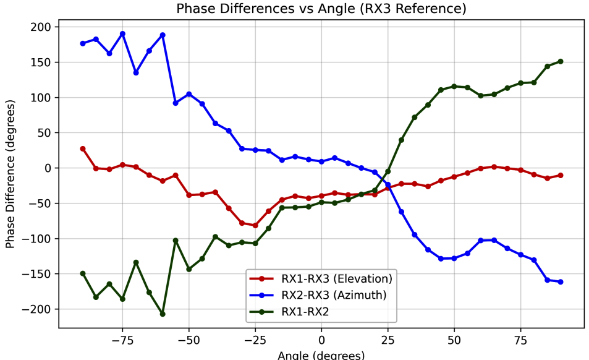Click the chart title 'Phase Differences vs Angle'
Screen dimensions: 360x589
(x=321, y=9)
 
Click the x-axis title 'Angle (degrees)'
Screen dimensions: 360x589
(x=321, y=355)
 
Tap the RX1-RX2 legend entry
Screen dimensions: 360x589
(x=305, y=312)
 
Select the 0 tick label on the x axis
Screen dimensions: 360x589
(x=321, y=340)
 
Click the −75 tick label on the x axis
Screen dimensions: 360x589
(x=122, y=340)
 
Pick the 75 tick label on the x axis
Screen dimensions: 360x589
(x=520, y=340)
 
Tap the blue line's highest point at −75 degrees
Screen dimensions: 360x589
(x=122, y=34)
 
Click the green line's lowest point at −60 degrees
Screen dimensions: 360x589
(x=163, y=314)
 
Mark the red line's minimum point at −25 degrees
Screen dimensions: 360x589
(x=255, y=225)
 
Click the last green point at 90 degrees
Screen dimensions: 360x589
(x=561, y=61)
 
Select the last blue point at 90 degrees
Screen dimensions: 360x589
(x=561, y=282)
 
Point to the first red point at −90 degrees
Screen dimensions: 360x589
(x=83, y=149)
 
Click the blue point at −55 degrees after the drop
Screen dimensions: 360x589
(x=176, y=103)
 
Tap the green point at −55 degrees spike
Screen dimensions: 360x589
(x=176, y=241)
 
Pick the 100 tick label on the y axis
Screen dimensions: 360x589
(x=42, y=98)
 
